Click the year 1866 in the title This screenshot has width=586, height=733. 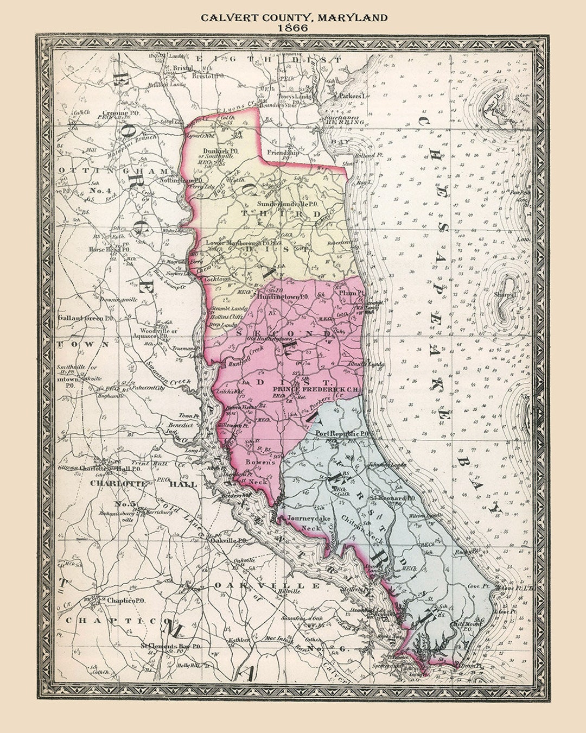click(293, 27)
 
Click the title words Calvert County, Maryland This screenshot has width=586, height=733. click(294, 17)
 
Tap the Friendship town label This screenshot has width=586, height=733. click(283, 153)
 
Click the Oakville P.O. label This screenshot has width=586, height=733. click(229, 541)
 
